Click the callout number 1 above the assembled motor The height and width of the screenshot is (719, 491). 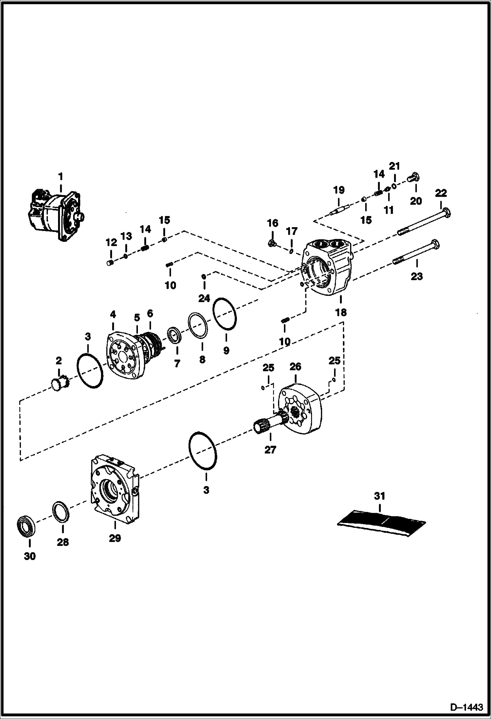coord(60,177)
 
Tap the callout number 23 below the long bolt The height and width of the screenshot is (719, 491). coord(417,276)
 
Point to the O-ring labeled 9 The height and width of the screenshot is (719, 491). coord(225,314)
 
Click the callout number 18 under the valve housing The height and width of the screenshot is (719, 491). coord(341,312)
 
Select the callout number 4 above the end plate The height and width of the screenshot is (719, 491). coord(113,315)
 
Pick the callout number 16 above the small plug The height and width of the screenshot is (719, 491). coord(272,224)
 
